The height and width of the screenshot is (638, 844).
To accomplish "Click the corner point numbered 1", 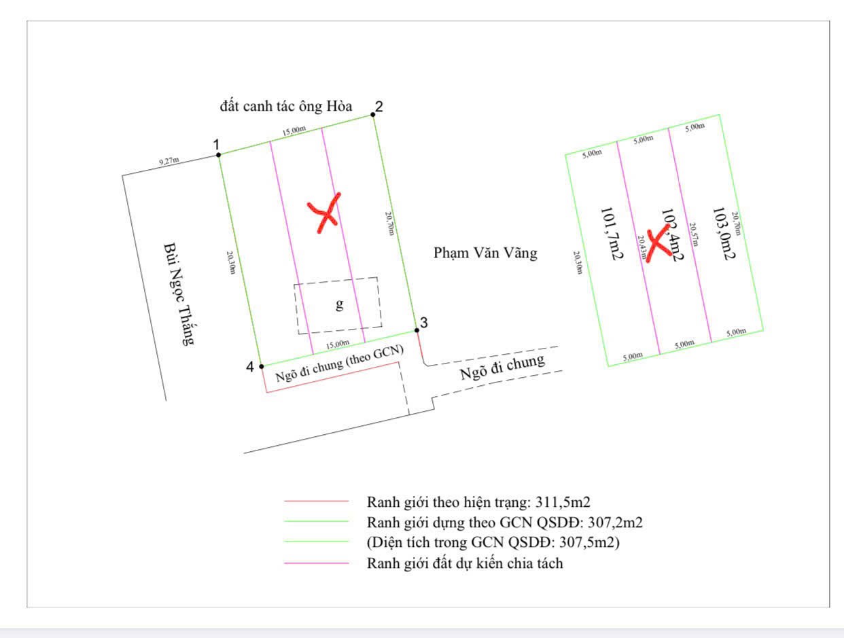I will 218,155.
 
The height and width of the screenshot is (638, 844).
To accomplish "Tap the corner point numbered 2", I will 373,115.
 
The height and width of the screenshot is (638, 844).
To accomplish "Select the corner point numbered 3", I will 417,330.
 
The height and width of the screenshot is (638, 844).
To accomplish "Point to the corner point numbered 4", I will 262,366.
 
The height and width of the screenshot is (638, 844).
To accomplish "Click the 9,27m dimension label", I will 169,161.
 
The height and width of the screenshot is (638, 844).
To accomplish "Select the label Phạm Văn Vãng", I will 485,253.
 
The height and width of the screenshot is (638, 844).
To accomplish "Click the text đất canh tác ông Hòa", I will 286,106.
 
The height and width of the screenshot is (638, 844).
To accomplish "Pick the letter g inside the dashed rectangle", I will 339,304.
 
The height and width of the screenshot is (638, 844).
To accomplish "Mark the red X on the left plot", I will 325,211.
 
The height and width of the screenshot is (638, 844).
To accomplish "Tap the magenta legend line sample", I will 316,563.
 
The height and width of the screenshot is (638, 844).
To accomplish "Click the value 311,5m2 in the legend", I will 563,503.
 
